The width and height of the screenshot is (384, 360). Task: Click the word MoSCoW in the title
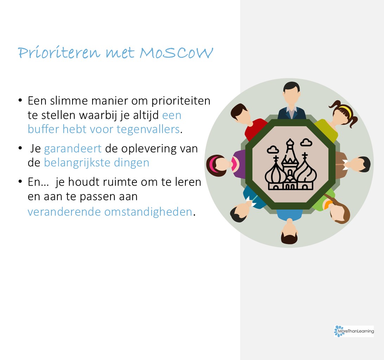pyautogui.click(x=176, y=52)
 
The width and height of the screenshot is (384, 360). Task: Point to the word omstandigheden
pyautogui.click(x=148, y=212)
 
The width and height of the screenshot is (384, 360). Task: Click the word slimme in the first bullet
pyautogui.click(x=69, y=101)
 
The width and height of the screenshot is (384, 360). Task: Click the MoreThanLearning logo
pyautogui.click(x=354, y=331)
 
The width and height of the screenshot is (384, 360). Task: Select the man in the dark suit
pyautogui.click(x=292, y=101)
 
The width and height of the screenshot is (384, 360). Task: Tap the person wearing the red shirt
pyautogui.click(x=247, y=121)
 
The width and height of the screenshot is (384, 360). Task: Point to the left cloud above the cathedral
pyautogui.click(x=273, y=149)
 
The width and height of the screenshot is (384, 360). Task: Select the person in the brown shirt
pyautogui.click(x=353, y=165)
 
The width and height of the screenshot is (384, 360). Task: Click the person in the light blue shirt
pyautogui.click(x=289, y=225)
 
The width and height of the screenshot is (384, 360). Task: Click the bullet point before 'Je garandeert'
pyautogui.click(x=20, y=148)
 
